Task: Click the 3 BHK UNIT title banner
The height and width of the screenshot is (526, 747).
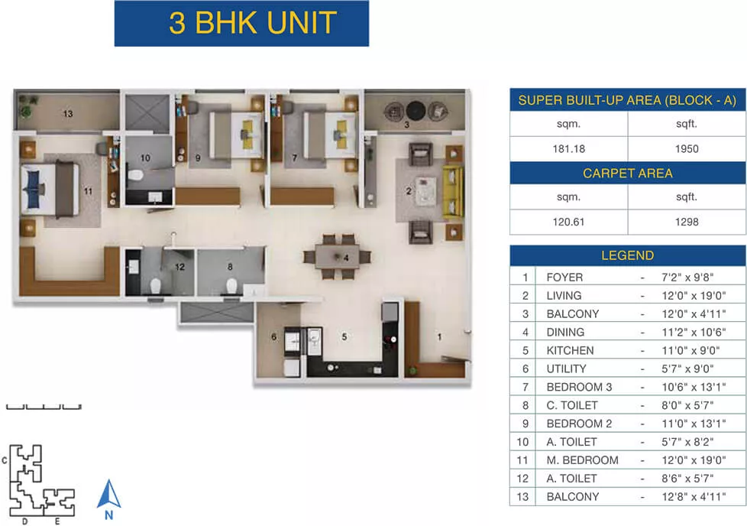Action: [x=241, y=24]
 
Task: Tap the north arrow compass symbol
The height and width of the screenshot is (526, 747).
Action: [x=108, y=494]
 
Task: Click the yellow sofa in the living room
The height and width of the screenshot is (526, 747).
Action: [x=453, y=192]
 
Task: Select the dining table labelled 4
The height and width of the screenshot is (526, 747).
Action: [x=338, y=257]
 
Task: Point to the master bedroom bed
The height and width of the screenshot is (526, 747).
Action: [x=50, y=190]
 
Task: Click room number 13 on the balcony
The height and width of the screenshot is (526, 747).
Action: [x=68, y=113]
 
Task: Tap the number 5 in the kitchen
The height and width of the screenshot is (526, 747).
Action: [x=344, y=336]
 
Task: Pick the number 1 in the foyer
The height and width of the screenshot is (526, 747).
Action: [x=439, y=336]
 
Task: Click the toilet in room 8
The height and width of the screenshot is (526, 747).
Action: [x=231, y=286]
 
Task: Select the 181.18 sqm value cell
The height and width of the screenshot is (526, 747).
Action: [x=569, y=149]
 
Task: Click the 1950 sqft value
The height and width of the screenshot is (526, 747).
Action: [x=687, y=149]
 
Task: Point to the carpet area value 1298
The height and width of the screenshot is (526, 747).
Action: [x=687, y=222]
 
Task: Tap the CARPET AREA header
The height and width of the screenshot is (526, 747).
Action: [x=628, y=173]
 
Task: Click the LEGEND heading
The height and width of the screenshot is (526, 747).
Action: [x=627, y=255]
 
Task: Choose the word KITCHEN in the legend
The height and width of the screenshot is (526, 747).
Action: [x=571, y=350]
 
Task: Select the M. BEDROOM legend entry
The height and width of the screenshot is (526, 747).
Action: [x=582, y=460]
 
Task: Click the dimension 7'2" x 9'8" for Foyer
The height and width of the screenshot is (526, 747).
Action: [x=687, y=277]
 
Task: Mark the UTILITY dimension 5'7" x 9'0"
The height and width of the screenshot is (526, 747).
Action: [x=687, y=369]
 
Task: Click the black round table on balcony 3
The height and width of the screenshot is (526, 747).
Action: [x=416, y=111]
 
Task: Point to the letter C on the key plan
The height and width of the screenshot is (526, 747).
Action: [x=5, y=461]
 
